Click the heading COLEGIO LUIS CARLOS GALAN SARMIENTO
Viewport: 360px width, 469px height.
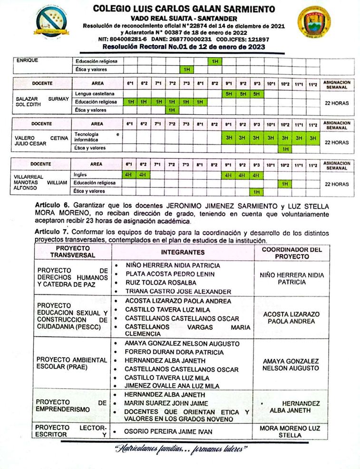click(184, 9)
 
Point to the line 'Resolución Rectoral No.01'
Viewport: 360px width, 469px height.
click(184, 47)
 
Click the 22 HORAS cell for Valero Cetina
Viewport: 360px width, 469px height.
click(336, 142)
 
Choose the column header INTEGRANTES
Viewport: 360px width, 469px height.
click(183, 252)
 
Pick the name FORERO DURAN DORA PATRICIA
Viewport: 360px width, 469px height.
click(174, 352)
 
